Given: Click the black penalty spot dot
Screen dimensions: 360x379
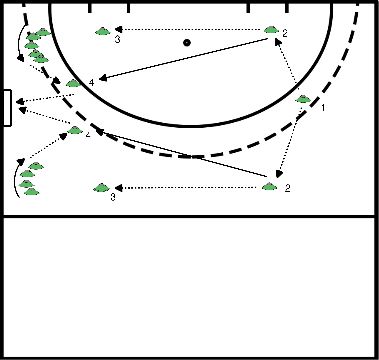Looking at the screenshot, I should point(187,43).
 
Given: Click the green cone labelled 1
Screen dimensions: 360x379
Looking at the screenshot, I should point(304,99).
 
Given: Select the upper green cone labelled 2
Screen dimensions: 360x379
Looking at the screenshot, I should point(271,31).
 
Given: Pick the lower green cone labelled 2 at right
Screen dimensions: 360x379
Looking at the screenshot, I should point(268,185).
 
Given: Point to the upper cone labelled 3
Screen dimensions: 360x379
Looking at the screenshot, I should point(102,31).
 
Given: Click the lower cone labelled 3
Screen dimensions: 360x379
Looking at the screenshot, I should point(100,186).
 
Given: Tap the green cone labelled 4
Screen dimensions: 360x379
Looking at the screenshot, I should point(73,83).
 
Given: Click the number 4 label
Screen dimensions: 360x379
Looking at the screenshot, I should point(91,80).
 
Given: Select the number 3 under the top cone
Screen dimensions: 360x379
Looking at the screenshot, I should point(117,41).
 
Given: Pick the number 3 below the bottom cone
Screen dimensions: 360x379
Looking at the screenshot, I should point(113,198).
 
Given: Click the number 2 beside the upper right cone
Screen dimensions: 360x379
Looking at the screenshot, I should point(285,35).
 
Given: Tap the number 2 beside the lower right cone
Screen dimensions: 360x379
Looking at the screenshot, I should point(287,187).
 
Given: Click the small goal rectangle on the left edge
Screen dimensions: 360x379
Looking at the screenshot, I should point(7,108).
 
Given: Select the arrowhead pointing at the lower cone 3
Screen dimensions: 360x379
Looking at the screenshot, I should point(118,186).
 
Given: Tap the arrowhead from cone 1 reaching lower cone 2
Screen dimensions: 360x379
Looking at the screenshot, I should point(276,175).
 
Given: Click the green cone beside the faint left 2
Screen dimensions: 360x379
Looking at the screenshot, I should point(74,130).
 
